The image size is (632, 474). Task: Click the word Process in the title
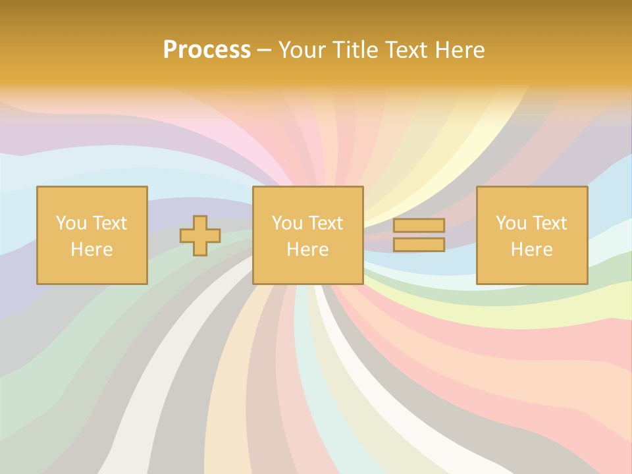click(x=207, y=50)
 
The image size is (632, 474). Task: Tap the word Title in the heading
click(x=353, y=50)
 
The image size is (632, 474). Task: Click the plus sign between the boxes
click(x=200, y=236)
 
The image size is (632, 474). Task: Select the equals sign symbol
click(x=419, y=235)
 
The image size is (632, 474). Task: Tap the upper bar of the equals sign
click(x=419, y=225)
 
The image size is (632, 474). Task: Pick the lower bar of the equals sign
click(x=419, y=244)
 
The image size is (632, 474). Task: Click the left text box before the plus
click(x=92, y=235)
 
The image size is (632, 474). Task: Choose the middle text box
click(x=308, y=235)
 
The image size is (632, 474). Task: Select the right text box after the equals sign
click(x=532, y=235)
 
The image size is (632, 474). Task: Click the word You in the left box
click(x=71, y=223)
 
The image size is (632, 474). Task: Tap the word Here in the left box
click(x=92, y=250)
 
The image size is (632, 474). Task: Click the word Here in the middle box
click(x=308, y=250)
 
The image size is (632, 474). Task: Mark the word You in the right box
click(x=511, y=223)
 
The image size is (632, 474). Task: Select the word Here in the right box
click(x=532, y=250)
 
